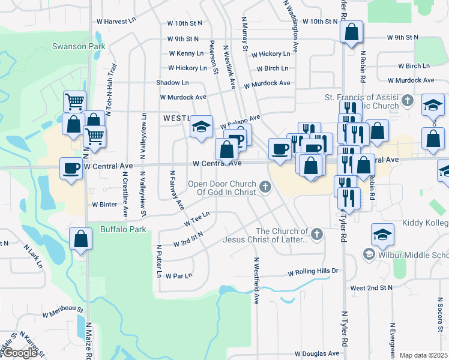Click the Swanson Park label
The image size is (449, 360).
pos(79,46)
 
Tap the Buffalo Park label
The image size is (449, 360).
pos(123,229)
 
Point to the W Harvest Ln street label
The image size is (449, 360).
pos(120,21)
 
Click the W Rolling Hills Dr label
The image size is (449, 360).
pos(313,271)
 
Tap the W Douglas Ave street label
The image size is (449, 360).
pos(318,354)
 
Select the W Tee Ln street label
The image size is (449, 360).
pos(197,218)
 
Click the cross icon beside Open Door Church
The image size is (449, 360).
pos(265,188)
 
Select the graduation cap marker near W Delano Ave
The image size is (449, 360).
pos(202,126)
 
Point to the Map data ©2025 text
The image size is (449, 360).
pos(424,355)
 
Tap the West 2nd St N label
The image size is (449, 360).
pos(371,288)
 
